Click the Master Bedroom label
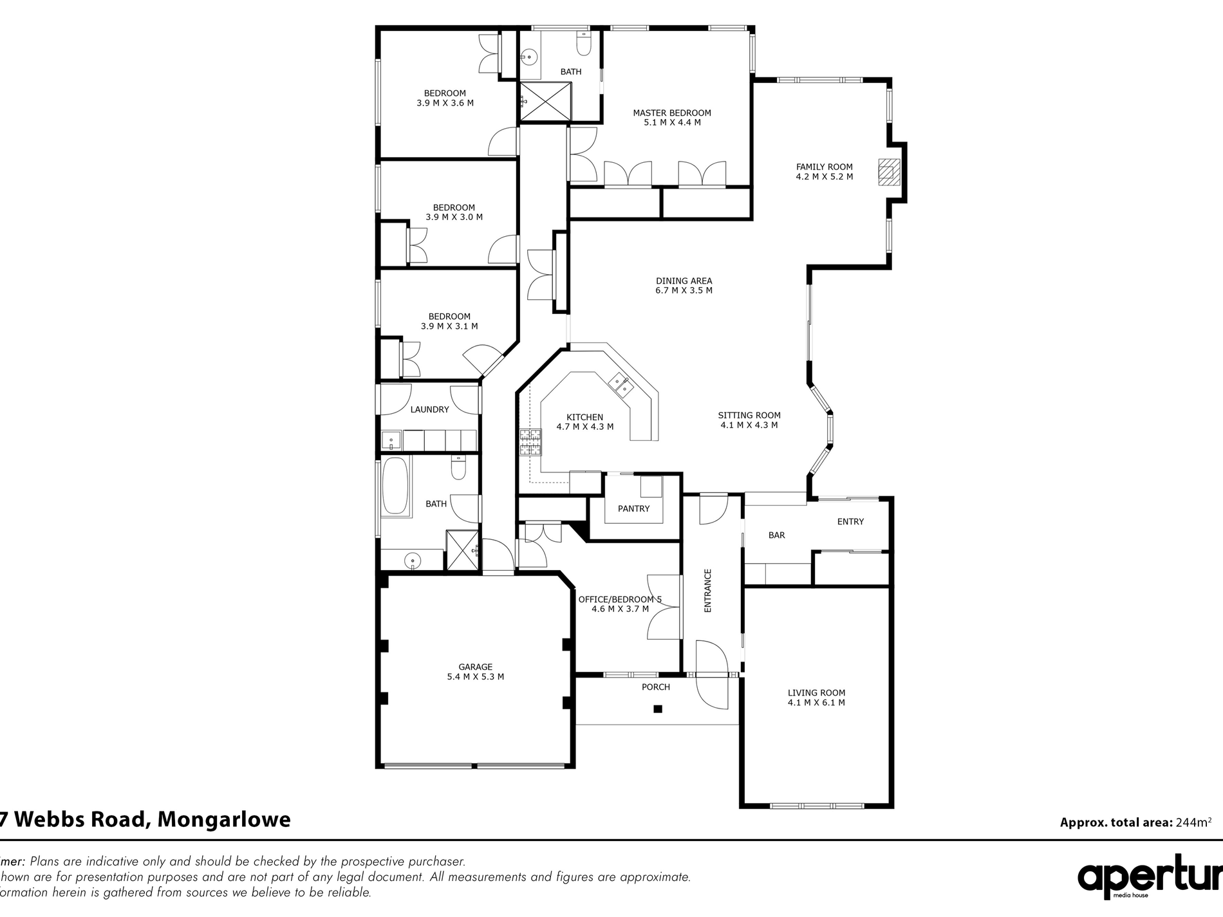click(672, 113)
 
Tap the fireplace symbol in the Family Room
click(888, 172)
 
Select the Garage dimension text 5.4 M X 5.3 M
click(475, 676)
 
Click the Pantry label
click(633, 508)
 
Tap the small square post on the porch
click(657, 709)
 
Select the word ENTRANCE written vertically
click(707, 590)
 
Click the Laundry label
click(429, 409)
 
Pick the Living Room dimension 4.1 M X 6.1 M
click(816, 703)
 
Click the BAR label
click(776, 535)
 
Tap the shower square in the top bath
click(545, 100)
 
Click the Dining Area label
click(684, 281)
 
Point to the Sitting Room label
click(749, 415)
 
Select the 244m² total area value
click(1193, 822)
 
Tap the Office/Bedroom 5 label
click(619, 599)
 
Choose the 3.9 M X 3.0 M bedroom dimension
click(454, 218)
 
